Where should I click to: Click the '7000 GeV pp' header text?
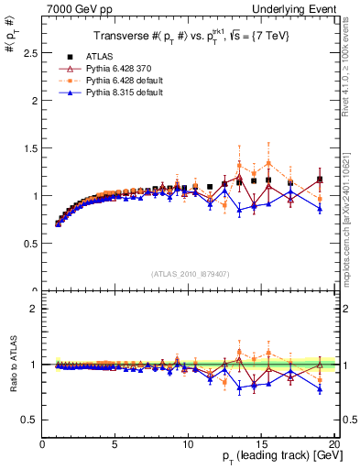[73, 8]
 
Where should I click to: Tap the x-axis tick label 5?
[115, 444]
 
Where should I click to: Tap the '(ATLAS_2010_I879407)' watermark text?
[190, 272]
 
